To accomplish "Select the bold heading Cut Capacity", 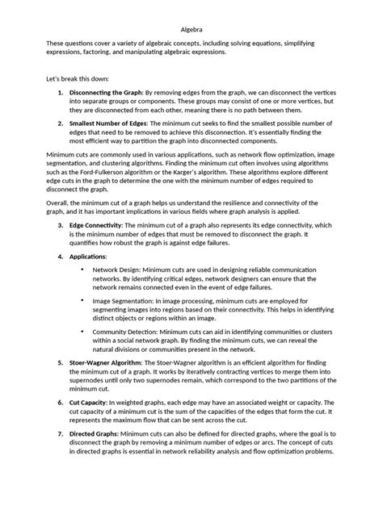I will coord(92,403).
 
